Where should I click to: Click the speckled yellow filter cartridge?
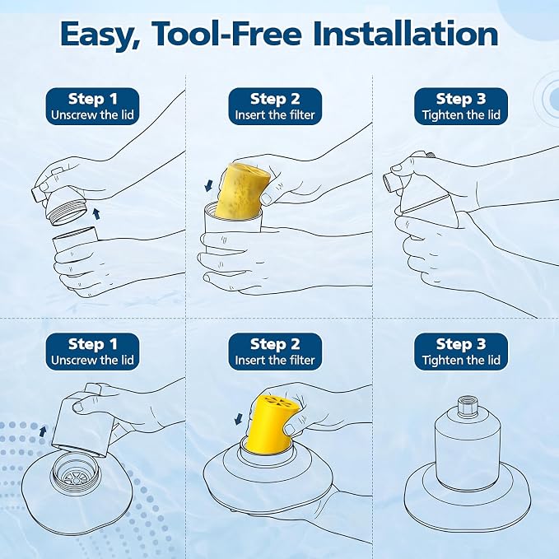click(243, 192)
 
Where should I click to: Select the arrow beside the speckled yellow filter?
click(208, 185)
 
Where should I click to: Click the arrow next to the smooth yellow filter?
click(239, 419)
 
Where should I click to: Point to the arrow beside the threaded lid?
click(95, 213)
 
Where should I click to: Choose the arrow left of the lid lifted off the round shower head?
click(43, 431)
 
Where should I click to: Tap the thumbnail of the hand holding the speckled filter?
click(266, 198)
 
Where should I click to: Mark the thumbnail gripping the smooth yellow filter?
click(290, 430)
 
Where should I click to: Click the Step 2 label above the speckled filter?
click(275, 99)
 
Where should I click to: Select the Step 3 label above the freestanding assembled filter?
click(461, 344)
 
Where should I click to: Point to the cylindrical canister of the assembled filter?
click(467, 452)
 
